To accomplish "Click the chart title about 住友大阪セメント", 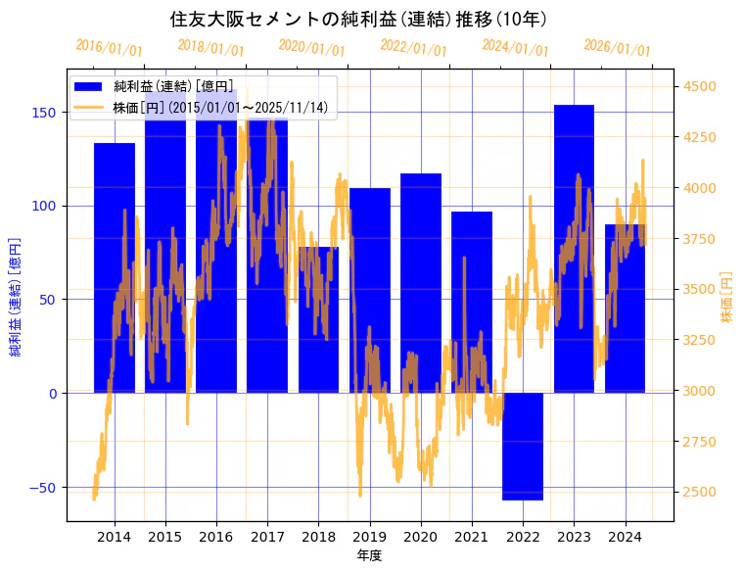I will point(358,20).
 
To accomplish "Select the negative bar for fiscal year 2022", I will point(523,447).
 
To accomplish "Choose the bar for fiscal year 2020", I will point(421,283).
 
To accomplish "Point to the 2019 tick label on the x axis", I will point(370,537).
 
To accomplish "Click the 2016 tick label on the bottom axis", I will point(216,537).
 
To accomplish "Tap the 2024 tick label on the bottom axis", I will point(625,537).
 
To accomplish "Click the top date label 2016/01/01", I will point(109,48).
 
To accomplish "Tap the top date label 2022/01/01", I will point(414,48).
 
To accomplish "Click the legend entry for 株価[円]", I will point(219,107).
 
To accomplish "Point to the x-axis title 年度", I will point(369,555).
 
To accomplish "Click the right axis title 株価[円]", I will point(726,298).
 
